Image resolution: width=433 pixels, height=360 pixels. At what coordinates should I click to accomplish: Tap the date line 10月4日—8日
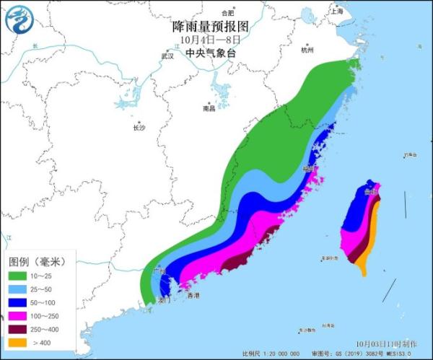211,40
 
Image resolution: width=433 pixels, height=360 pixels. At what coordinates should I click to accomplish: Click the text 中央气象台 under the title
211,53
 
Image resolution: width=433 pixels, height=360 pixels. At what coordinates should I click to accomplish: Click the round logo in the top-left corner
20,20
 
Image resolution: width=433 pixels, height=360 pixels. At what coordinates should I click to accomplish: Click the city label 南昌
209,109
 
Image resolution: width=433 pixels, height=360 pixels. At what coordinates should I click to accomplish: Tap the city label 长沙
139,128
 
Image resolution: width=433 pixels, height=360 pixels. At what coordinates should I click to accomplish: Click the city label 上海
356,12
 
